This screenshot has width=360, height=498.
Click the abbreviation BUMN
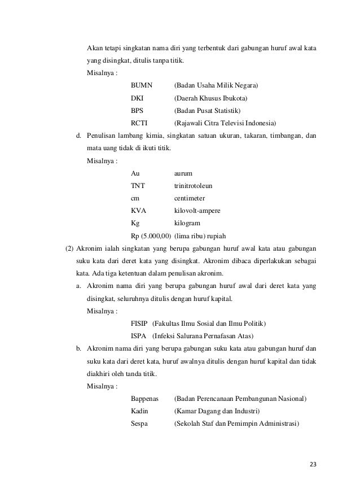(x=142, y=85)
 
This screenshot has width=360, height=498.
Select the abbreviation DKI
(x=137, y=98)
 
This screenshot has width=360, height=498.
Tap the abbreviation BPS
(x=137, y=110)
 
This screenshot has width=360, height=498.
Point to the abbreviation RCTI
(x=139, y=123)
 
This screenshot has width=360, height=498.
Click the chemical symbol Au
(x=135, y=173)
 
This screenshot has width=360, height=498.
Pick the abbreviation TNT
(x=137, y=186)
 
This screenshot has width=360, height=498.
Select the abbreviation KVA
(x=138, y=211)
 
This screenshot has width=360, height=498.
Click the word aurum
(x=184, y=173)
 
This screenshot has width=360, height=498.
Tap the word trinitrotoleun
(x=194, y=186)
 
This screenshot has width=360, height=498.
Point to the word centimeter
(x=190, y=198)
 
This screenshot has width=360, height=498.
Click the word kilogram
(x=187, y=223)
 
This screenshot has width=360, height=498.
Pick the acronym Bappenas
(x=145, y=399)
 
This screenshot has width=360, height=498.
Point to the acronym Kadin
(x=139, y=412)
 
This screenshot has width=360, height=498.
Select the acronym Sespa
(x=139, y=424)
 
